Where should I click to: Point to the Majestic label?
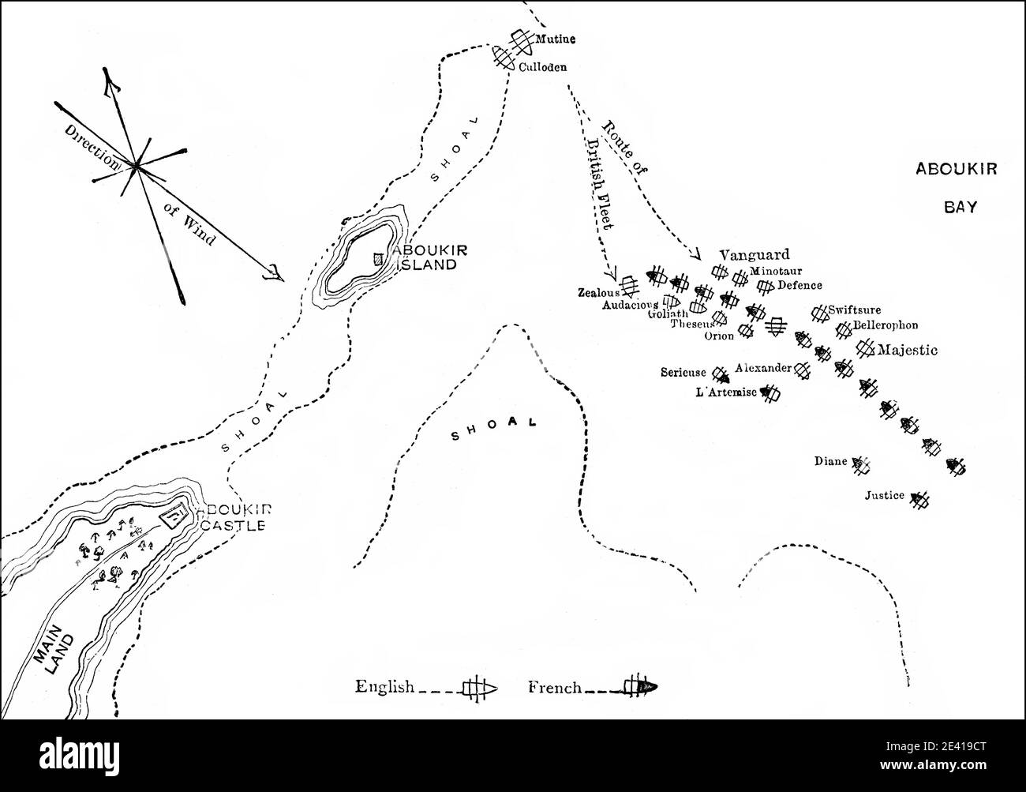point(908,350)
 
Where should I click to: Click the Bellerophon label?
point(886,325)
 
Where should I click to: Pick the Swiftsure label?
point(855,310)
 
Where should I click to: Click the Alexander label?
point(762,368)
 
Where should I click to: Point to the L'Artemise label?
point(725,392)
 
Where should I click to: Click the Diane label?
point(831,461)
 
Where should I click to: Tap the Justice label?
point(884,496)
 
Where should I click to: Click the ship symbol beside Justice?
point(919,499)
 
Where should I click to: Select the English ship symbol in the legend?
point(478,687)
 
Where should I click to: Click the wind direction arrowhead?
point(274,273)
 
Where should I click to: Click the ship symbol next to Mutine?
point(520,39)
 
